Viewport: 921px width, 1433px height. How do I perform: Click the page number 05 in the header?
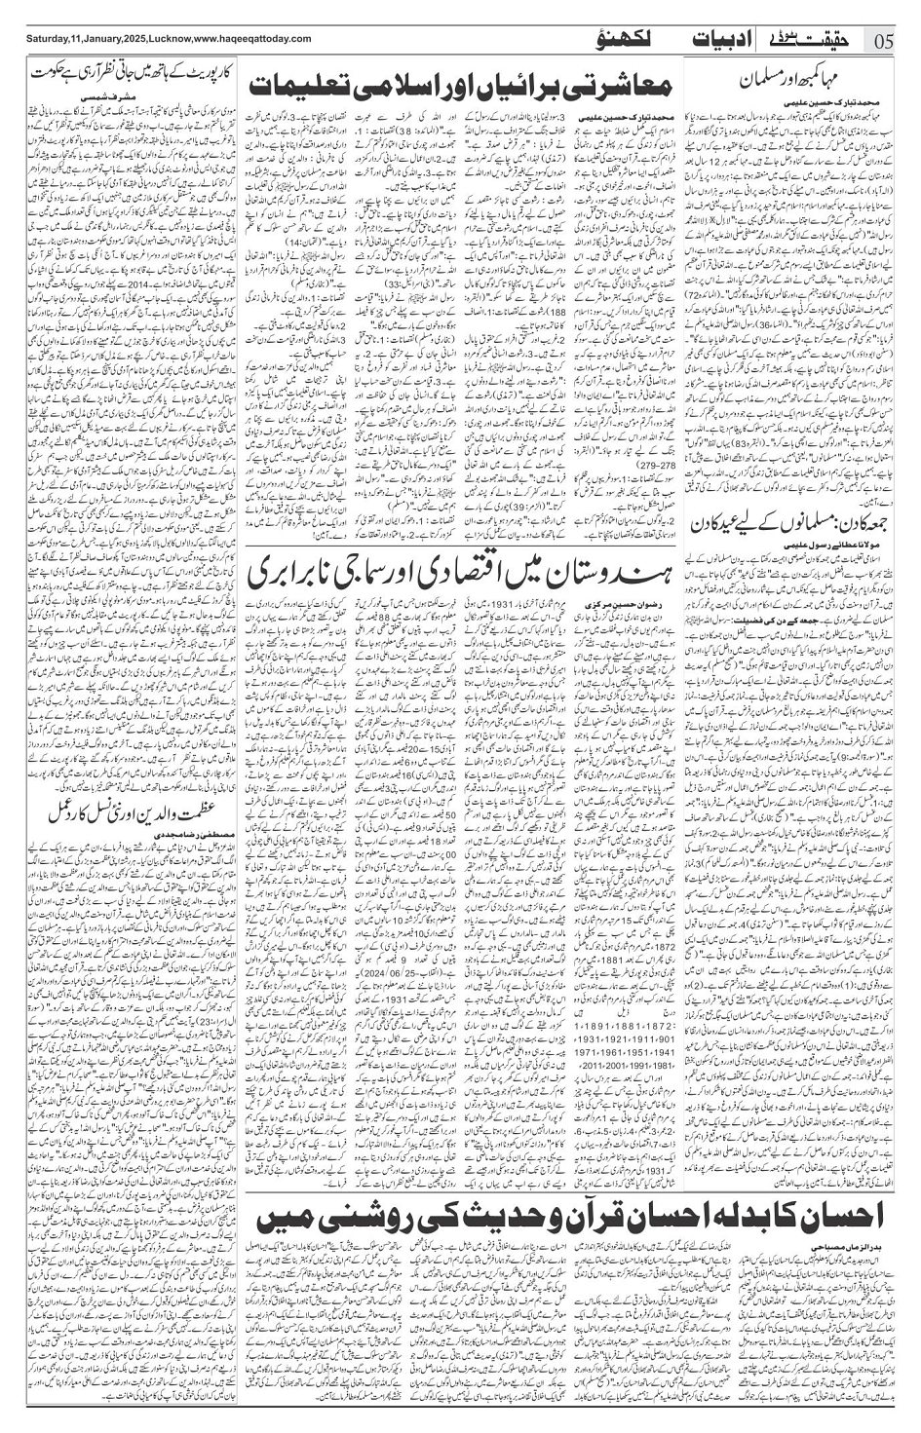(885, 40)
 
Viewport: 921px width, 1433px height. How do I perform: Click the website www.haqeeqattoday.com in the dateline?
(243, 39)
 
